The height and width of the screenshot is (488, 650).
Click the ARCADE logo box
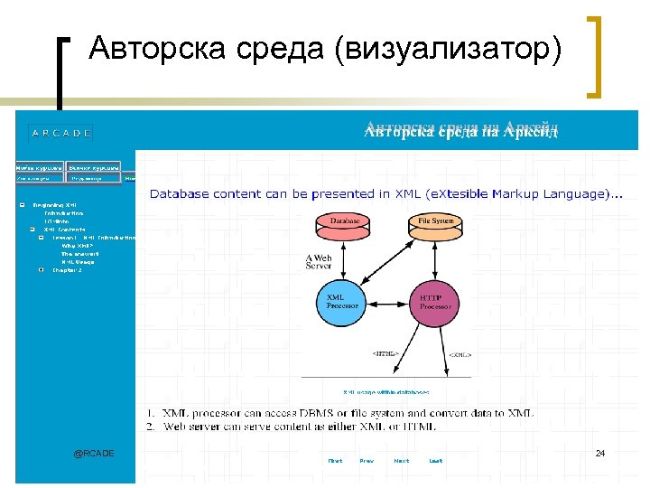(x=61, y=133)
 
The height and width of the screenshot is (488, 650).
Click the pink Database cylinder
(x=345, y=222)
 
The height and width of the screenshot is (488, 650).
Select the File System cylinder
(x=437, y=222)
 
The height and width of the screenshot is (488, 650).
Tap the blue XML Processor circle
(x=343, y=302)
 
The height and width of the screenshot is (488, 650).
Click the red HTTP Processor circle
(x=437, y=302)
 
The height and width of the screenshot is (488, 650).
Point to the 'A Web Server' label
(x=320, y=260)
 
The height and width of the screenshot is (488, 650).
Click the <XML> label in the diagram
(x=460, y=355)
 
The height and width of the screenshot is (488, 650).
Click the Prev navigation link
(x=367, y=461)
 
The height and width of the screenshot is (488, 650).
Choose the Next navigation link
(x=401, y=461)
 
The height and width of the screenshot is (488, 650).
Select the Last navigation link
(x=436, y=461)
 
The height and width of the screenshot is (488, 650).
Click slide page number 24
(x=599, y=452)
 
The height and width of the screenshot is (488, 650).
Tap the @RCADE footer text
(x=94, y=453)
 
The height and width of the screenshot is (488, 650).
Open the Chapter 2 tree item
(x=67, y=269)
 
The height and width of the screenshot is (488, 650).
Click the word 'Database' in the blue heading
(x=178, y=193)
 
